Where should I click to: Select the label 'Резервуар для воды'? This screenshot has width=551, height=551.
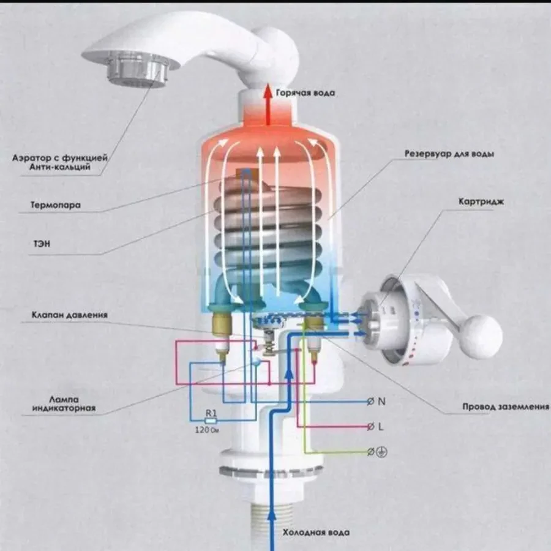(449, 154)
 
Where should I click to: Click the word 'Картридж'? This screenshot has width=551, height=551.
(481, 201)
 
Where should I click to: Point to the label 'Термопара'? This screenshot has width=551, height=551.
(56, 205)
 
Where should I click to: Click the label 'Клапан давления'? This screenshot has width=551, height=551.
(70, 315)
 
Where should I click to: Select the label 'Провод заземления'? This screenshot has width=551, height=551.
(505, 407)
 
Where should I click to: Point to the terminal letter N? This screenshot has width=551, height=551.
(381, 402)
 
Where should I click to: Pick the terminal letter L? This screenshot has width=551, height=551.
(381, 427)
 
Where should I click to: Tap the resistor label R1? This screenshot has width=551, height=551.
(211, 413)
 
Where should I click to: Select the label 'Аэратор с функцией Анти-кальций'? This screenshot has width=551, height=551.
(60, 162)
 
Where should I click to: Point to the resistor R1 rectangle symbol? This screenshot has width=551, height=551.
(210, 422)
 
